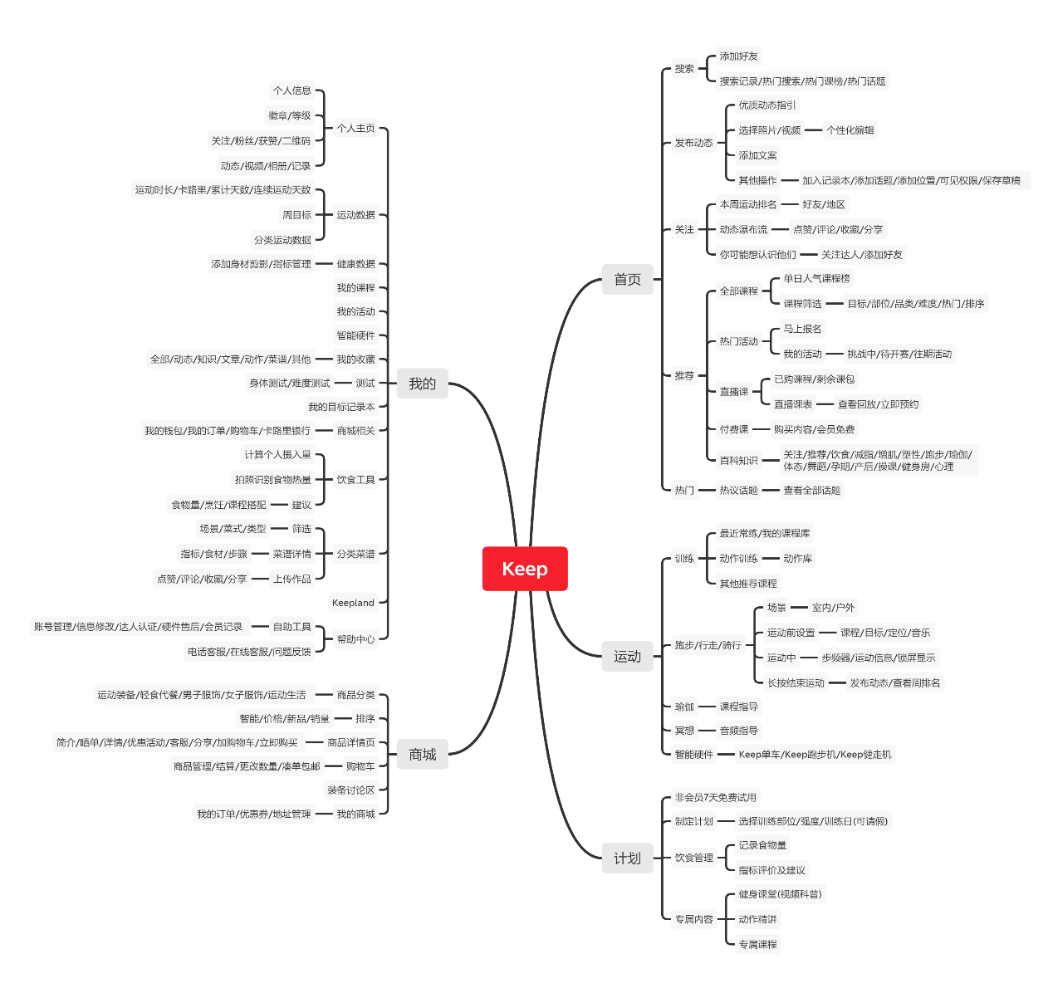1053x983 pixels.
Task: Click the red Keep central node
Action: tap(525, 569)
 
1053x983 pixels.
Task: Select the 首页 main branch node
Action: tap(627, 280)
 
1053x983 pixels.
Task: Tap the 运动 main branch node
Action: tap(627, 657)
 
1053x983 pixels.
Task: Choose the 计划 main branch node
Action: tap(627, 858)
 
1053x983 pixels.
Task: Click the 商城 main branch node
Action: tap(422, 755)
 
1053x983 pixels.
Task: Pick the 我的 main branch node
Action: tap(422, 384)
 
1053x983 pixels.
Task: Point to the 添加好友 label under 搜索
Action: tap(738, 56)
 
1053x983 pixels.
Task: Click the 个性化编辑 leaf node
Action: tap(850, 130)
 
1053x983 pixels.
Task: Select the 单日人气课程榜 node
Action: tap(816, 279)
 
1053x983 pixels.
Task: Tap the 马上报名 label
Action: tap(802, 329)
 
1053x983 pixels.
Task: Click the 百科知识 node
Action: tap(738, 461)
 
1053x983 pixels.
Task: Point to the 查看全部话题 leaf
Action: tap(811, 491)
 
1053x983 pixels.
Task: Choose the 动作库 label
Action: tap(797, 559)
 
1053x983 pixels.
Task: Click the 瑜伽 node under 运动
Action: tap(684, 707)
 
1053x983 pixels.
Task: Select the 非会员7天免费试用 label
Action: tap(715, 798)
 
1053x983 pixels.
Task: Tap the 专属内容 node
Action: tap(693, 920)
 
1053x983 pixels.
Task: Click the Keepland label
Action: tap(353, 603)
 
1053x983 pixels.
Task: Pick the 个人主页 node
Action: tap(355, 129)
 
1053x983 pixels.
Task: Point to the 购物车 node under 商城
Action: tap(360, 766)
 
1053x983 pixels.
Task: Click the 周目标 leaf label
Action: tap(296, 215)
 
